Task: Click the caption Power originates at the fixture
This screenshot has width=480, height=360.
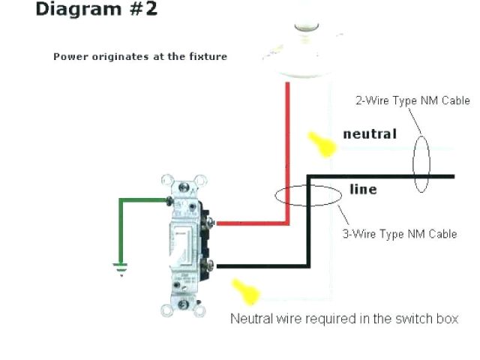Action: (x=139, y=57)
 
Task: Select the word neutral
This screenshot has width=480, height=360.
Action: (x=369, y=134)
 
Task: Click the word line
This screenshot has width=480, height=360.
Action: (x=364, y=190)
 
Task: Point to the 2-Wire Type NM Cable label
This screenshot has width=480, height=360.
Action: (x=412, y=100)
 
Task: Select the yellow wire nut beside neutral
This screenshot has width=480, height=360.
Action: (x=323, y=144)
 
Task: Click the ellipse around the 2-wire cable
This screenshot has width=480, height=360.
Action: (x=421, y=164)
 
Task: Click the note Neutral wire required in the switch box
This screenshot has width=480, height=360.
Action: (x=343, y=319)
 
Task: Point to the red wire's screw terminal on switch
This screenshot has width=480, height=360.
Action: (x=212, y=223)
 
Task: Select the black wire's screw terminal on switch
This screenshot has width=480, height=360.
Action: (x=213, y=265)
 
